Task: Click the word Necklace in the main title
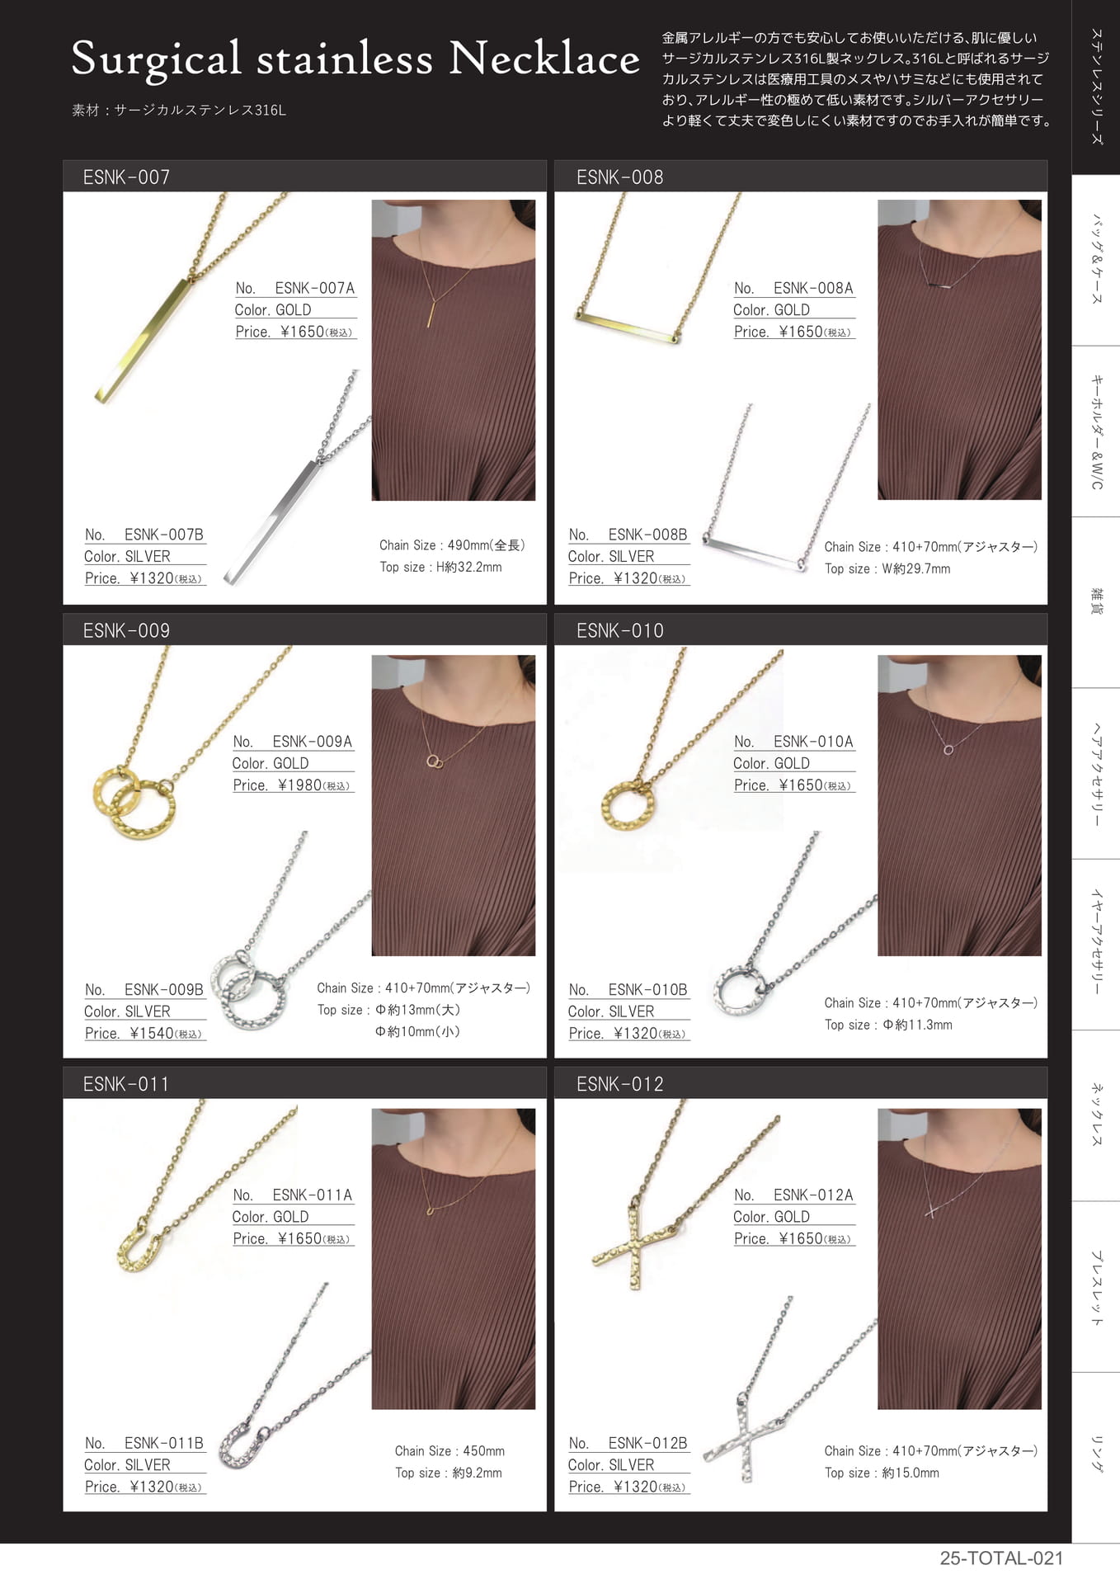click(x=544, y=59)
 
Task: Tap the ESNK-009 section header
click(x=126, y=630)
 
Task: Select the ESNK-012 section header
click(x=619, y=1084)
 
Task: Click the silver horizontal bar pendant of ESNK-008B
click(x=754, y=553)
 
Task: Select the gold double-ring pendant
click(x=134, y=802)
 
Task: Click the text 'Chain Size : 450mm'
click(x=449, y=1450)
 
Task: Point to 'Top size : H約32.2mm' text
click(x=440, y=567)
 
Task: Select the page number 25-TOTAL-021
click(x=1001, y=1558)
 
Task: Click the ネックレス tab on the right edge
click(x=1096, y=1114)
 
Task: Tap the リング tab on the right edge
click(x=1096, y=1454)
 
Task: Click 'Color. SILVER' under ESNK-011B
click(x=127, y=1464)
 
